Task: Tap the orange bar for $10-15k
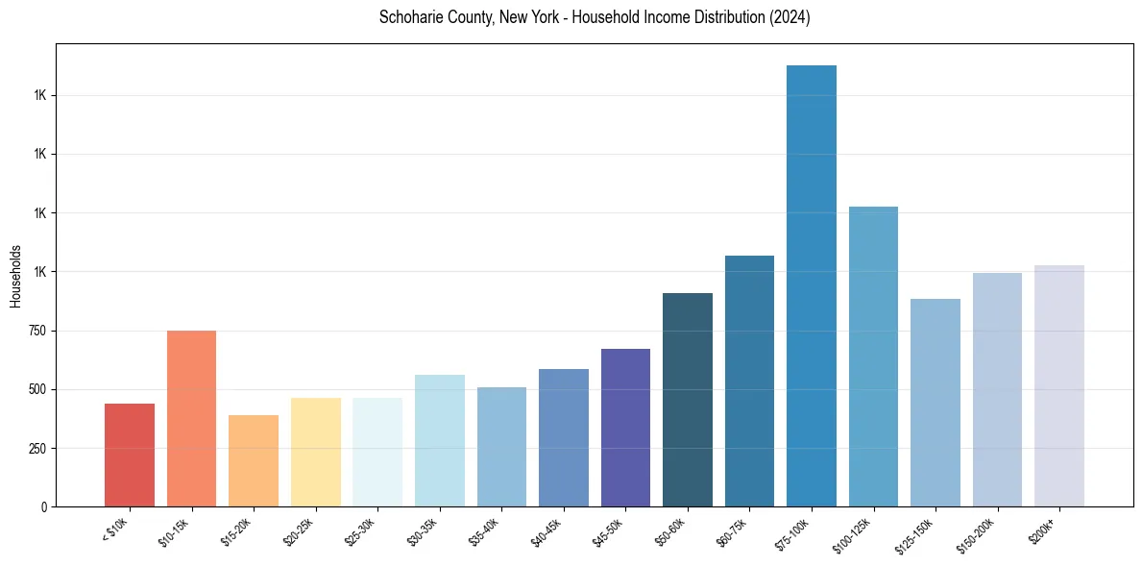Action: coord(191,418)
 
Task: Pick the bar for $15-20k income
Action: coord(254,460)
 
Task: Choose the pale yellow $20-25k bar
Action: coord(316,452)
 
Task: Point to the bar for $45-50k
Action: coord(625,428)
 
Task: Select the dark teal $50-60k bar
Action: coord(688,400)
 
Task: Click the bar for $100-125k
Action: coord(873,357)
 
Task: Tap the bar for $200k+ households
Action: coord(1059,385)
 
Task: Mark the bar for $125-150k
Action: coord(935,403)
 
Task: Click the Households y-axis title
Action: coord(15,276)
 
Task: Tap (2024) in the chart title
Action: coord(789,17)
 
